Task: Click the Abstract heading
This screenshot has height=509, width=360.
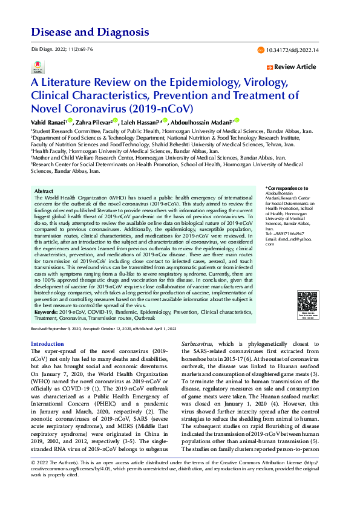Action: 44,190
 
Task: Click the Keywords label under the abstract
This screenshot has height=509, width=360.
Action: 48,312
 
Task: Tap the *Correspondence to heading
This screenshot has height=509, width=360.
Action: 287,189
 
